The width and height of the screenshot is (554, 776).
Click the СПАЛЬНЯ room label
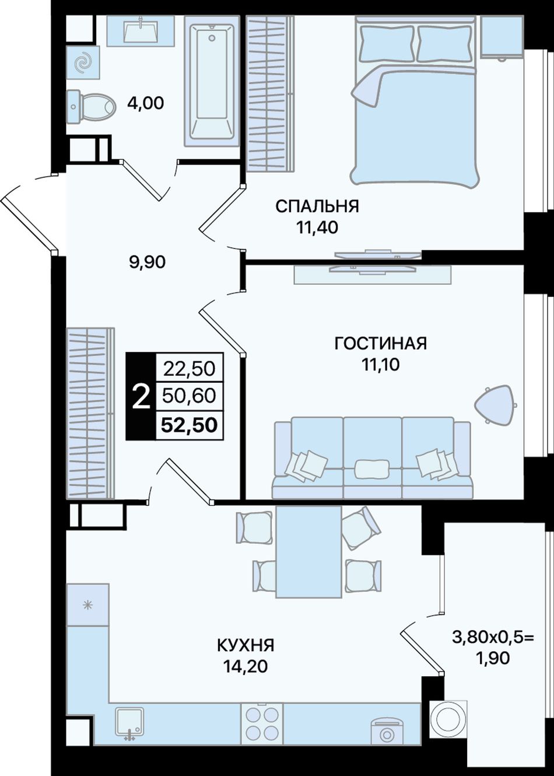tap(317, 207)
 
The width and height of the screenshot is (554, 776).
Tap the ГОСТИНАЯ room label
tap(381, 344)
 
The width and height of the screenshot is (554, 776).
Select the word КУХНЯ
tap(246, 645)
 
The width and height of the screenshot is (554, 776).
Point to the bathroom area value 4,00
tap(145, 103)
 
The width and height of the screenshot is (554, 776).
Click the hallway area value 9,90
tap(147, 262)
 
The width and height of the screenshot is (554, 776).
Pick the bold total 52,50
tap(190, 425)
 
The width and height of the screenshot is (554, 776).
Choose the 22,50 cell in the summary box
tap(190, 369)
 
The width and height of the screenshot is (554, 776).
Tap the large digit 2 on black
tap(141, 397)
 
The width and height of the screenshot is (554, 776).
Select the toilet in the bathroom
tap(91, 106)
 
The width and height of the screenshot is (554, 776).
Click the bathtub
tap(212, 81)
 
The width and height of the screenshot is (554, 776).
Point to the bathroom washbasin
tap(141, 30)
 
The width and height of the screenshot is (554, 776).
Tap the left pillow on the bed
tap(387, 43)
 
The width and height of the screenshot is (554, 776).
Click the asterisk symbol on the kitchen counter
tap(88, 605)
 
